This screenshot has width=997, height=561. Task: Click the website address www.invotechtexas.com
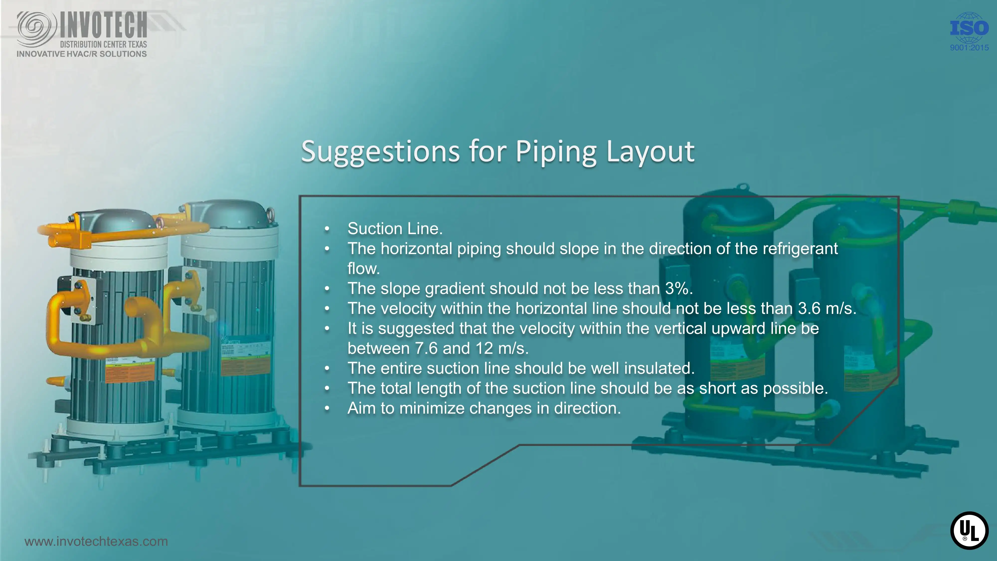coord(96,541)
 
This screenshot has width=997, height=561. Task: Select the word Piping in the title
coord(556,152)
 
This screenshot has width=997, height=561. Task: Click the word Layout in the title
coord(650,152)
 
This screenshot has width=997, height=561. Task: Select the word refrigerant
coord(800,249)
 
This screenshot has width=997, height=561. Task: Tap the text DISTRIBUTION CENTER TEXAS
coord(103,44)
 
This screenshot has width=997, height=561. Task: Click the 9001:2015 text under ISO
coord(969,48)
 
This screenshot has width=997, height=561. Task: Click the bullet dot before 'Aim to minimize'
coord(327,408)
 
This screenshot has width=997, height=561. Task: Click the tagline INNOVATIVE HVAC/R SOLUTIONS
coord(82,54)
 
